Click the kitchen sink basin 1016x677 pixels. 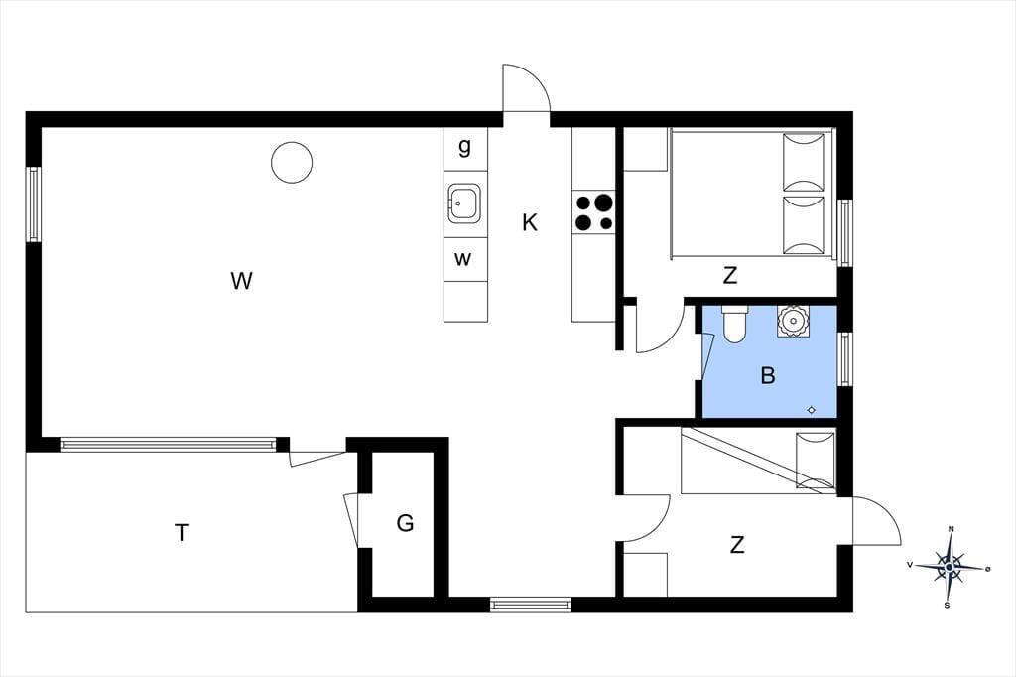click(464, 203)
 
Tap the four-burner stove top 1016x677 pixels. click(593, 212)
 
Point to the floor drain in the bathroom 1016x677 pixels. click(812, 410)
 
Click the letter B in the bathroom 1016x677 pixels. click(768, 375)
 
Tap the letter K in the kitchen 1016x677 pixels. click(530, 222)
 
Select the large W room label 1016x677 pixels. click(241, 281)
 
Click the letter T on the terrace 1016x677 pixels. click(183, 532)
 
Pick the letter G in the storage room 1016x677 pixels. click(405, 523)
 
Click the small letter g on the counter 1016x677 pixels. click(464, 147)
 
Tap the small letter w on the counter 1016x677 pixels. click(462, 259)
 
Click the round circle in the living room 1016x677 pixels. click(292, 162)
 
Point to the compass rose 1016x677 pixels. click(949, 568)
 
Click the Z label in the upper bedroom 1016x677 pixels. click(729, 276)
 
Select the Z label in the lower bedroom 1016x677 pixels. click(737, 545)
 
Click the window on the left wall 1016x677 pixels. click(33, 204)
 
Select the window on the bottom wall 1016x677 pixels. click(531, 605)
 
